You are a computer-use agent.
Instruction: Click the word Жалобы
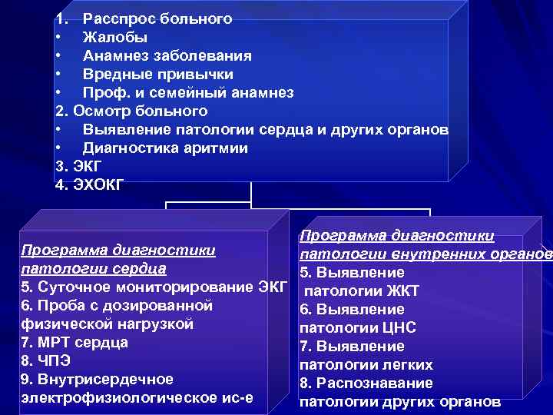(115, 37)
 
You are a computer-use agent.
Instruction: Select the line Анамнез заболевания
(167, 55)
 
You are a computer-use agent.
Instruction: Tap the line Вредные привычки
(157, 74)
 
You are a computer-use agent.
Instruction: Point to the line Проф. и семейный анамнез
(188, 92)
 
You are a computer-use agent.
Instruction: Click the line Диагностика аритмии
(165, 148)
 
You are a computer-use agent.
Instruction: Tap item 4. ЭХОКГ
(89, 184)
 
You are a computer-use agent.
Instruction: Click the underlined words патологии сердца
(94, 269)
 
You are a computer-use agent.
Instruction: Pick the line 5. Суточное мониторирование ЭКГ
(154, 287)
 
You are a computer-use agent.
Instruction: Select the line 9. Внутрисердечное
(98, 380)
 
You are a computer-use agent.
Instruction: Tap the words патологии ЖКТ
(361, 291)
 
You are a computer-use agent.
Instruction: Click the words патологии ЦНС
(357, 328)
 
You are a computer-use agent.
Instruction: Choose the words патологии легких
(366, 365)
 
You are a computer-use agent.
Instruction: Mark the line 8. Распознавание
(366, 383)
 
